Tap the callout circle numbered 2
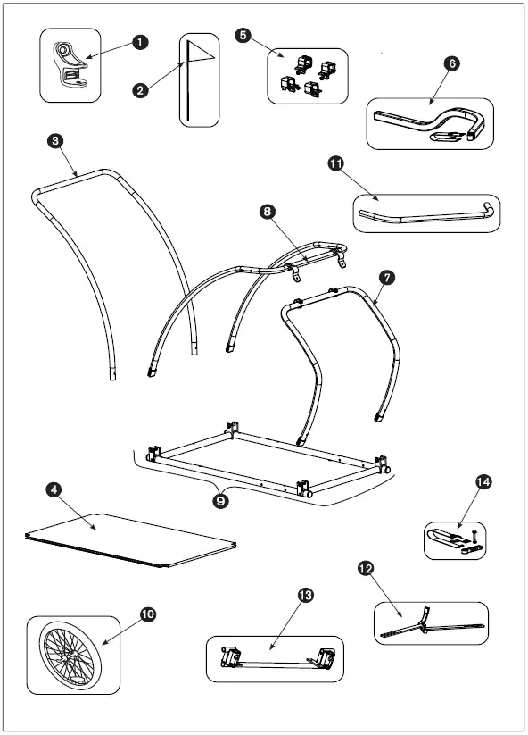tap(138, 89)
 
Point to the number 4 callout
tap(54, 490)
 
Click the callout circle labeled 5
tap(242, 34)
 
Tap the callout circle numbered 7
tap(385, 279)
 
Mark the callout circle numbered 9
tap(220, 500)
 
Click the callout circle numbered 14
tap(483, 482)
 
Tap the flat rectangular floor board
tap(129, 539)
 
